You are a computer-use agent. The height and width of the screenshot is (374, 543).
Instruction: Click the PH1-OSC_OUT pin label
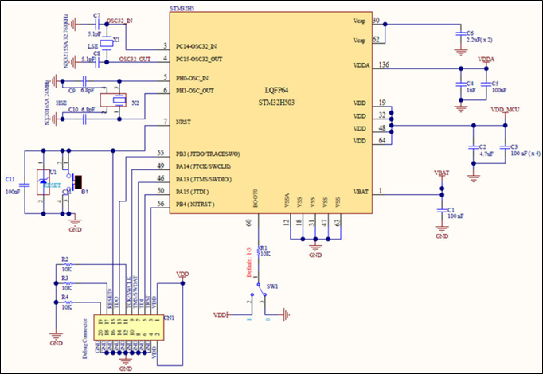(200, 91)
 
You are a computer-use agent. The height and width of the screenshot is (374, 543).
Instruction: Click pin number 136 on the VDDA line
(385, 64)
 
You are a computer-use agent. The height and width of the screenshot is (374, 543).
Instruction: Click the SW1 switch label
(272, 285)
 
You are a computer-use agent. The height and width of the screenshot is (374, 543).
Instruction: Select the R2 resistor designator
(64, 260)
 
